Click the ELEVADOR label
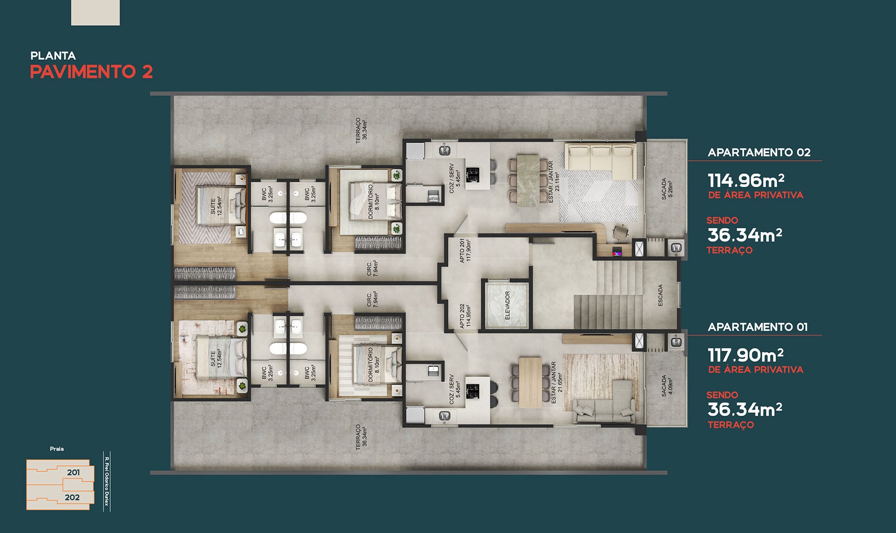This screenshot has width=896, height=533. (507, 306)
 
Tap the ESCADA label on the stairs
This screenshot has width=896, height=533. (660, 295)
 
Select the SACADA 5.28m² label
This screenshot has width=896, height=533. (667, 189)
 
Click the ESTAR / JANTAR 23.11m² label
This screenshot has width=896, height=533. (553, 182)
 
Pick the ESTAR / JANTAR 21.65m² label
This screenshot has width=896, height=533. (556, 382)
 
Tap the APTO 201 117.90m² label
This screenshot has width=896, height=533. (465, 250)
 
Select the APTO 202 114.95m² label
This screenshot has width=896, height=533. (465, 316)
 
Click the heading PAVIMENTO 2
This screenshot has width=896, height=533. (91, 72)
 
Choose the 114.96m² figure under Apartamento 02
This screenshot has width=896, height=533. (746, 180)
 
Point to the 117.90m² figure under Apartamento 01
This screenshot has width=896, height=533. (746, 355)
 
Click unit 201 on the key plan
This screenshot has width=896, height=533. (73, 472)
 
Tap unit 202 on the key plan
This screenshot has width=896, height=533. (72, 497)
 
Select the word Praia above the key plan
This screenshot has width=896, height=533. (57, 449)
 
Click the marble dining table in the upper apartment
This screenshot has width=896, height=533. (529, 180)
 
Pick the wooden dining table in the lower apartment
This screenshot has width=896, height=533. (530, 382)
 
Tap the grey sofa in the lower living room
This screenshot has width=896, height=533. (604, 405)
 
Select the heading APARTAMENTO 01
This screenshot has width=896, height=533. (757, 327)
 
